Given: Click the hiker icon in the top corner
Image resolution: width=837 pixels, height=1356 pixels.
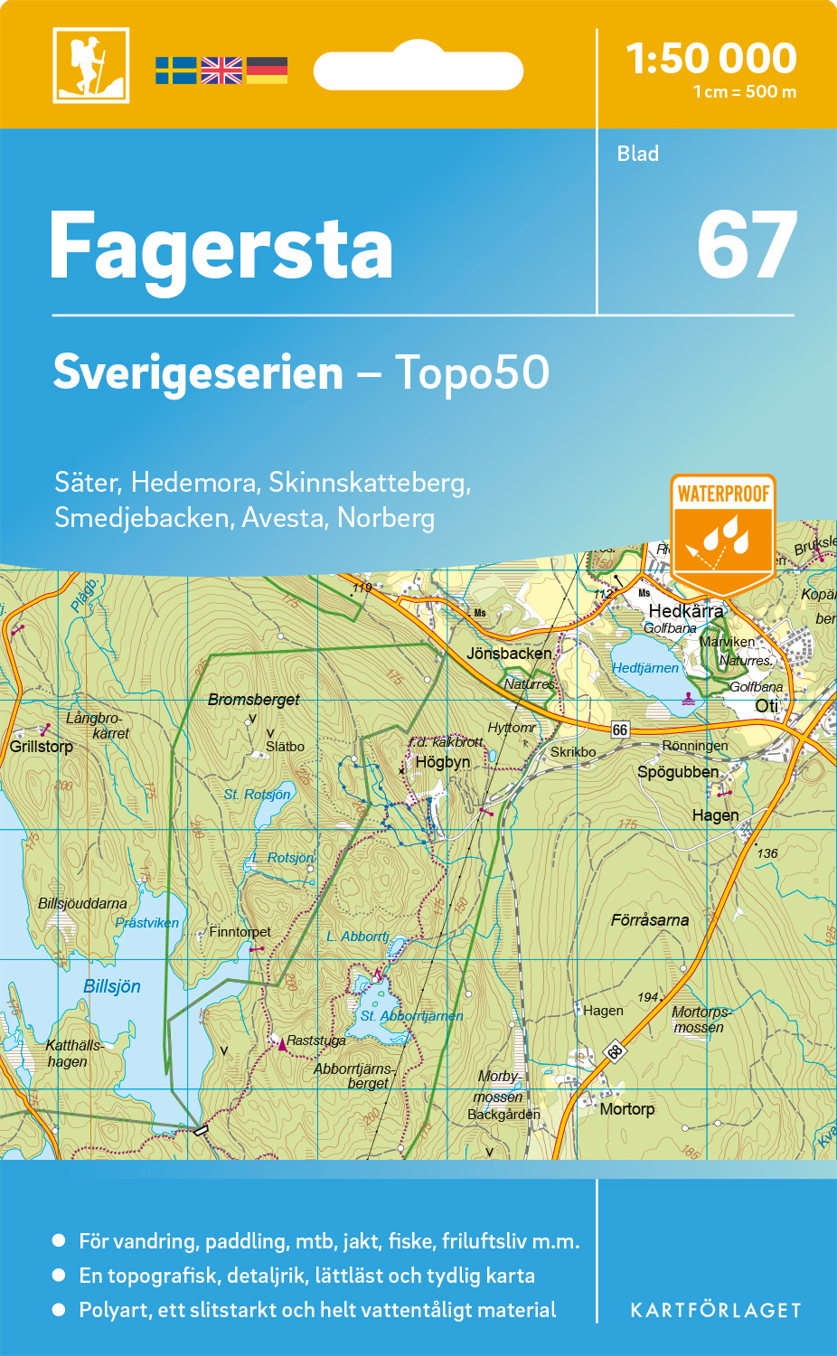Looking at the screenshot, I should pyautogui.click(x=90, y=65).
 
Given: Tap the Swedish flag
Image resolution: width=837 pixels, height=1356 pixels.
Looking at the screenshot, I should pyautogui.click(x=175, y=71).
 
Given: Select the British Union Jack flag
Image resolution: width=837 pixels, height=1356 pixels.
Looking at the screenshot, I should pyautogui.click(x=221, y=71).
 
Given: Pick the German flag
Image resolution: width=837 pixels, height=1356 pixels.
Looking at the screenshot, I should pyautogui.click(x=267, y=71).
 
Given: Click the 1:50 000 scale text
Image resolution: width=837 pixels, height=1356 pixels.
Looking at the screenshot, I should pyautogui.click(x=711, y=59).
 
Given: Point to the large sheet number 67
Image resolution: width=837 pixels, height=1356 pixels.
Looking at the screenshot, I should pyautogui.click(x=747, y=246).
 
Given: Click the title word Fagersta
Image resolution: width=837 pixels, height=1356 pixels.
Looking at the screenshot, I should pyautogui.click(x=221, y=246).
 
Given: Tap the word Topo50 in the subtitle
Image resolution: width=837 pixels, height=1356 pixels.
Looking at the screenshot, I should pyautogui.click(x=472, y=372).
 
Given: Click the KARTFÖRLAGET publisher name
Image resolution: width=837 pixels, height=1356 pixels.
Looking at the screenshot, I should pyautogui.click(x=716, y=1311).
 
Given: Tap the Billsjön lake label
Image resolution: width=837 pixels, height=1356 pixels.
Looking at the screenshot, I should pyautogui.click(x=112, y=986).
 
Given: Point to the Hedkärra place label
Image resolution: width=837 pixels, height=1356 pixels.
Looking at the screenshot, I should pyautogui.click(x=686, y=611).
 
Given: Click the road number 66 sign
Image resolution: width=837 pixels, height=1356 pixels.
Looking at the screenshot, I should pyautogui.click(x=620, y=730).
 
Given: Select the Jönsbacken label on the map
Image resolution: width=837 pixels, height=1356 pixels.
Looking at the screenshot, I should pyautogui.click(x=509, y=653).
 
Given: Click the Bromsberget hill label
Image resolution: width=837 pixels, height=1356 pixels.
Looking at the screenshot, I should pyautogui.click(x=254, y=700).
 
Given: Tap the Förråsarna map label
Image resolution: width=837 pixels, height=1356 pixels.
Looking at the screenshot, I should pyautogui.click(x=650, y=920).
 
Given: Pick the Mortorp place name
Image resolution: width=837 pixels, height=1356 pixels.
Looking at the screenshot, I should pyautogui.click(x=627, y=1109).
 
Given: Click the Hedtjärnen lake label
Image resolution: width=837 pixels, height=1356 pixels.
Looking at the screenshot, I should pyautogui.click(x=645, y=668).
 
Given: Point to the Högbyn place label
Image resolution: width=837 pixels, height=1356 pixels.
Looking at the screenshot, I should pyautogui.click(x=443, y=762).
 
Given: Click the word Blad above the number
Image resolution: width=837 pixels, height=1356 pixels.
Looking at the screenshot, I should pyautogui.click(x=638, y=154).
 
